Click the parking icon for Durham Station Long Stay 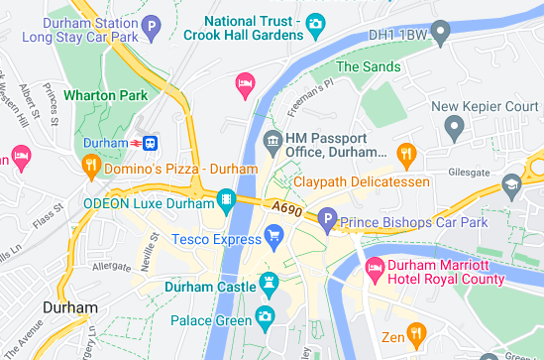tap(151, 28)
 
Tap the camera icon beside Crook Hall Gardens tap(315, 23)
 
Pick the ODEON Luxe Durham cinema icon tap(228, 201)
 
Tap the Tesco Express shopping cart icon tap(274, 235)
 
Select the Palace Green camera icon tap(265, 317)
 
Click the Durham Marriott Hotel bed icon tap(376, 267)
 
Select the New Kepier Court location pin tap(454, 126)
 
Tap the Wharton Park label tap(104, 96)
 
